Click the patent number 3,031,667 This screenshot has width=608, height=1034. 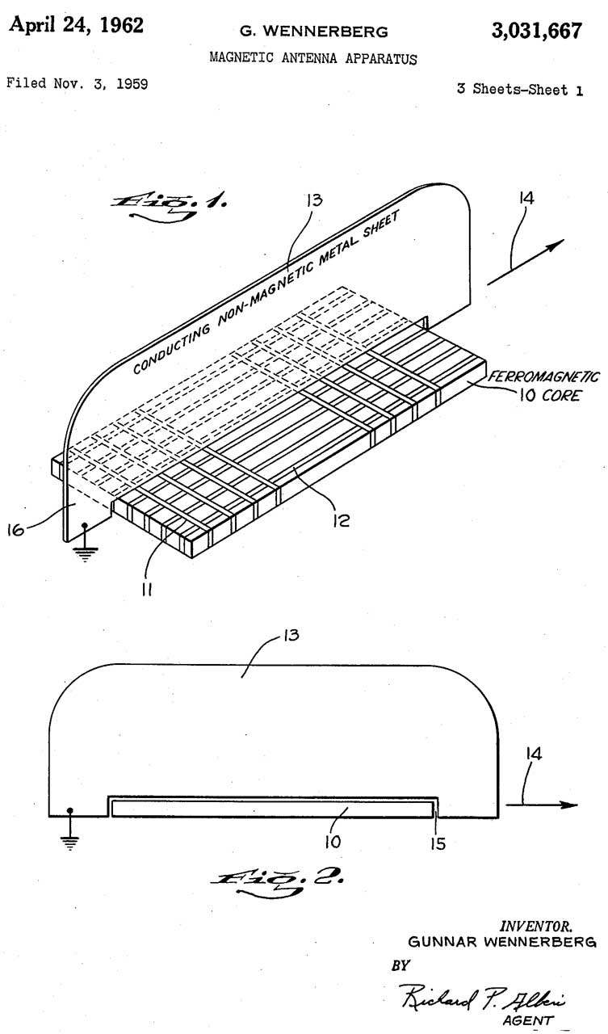point(536,31)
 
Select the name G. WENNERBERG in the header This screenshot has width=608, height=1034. point(313,32)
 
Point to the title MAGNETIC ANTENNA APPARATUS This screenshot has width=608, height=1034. point(313,58)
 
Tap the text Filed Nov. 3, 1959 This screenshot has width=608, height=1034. point(78,83)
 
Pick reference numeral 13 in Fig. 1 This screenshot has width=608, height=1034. point(312,199)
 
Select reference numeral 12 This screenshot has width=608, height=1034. point(342,521)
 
